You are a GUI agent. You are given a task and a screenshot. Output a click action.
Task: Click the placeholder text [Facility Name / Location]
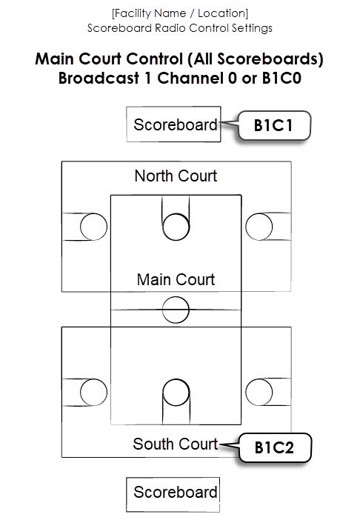(179, 13)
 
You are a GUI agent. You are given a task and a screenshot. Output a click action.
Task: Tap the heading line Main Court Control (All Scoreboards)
(180, 59)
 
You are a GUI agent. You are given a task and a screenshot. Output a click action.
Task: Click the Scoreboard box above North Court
(175, 124)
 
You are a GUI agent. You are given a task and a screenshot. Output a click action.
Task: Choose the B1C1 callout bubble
(273, 126)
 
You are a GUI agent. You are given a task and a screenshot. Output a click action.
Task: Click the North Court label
(176, 176)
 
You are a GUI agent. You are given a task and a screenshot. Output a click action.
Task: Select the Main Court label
(176, 279)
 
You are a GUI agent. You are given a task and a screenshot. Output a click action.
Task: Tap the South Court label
(176, 444)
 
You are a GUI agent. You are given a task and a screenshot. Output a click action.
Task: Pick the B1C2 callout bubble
(274, 447)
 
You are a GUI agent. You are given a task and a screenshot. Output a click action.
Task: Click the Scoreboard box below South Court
(175, 492)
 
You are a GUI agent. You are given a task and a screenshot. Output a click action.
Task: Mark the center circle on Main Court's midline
(176, 308)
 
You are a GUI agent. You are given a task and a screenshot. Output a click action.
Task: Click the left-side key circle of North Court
(93, 227)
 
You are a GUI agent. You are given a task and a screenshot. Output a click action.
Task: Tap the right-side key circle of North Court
(259, 227)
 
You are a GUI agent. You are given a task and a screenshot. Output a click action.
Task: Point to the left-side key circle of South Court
(93, 392)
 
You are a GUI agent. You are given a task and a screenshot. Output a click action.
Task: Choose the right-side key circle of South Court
(259, 392)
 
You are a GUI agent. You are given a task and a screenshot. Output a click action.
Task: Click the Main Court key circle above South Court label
(176, 392)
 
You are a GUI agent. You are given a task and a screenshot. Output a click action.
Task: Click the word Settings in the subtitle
(249, 28)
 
